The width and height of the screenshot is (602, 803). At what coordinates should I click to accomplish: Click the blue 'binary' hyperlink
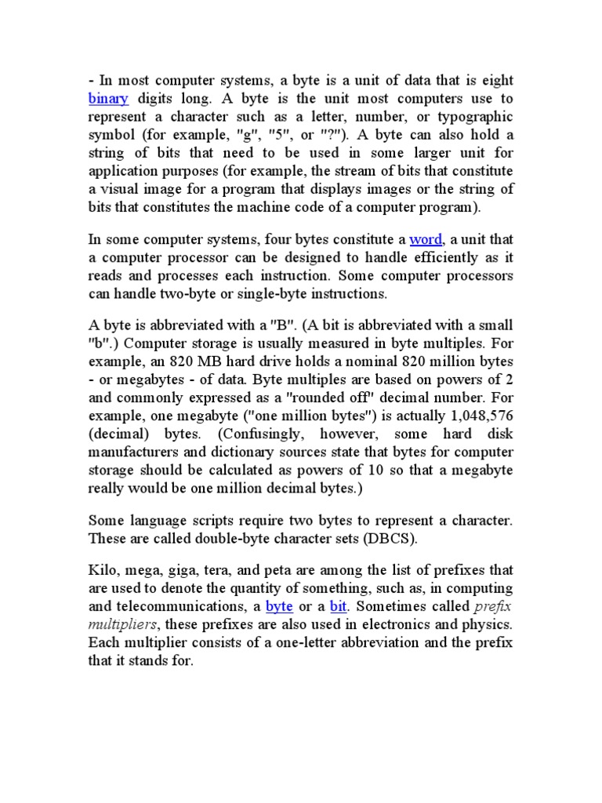pyautogui.click(x=109, y=99)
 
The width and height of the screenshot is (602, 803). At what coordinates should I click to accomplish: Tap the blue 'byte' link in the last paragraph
pyautogui.click(x=279, y=606)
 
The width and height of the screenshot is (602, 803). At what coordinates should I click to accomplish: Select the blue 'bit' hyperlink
pyautogui.click(x=338, y=606)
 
